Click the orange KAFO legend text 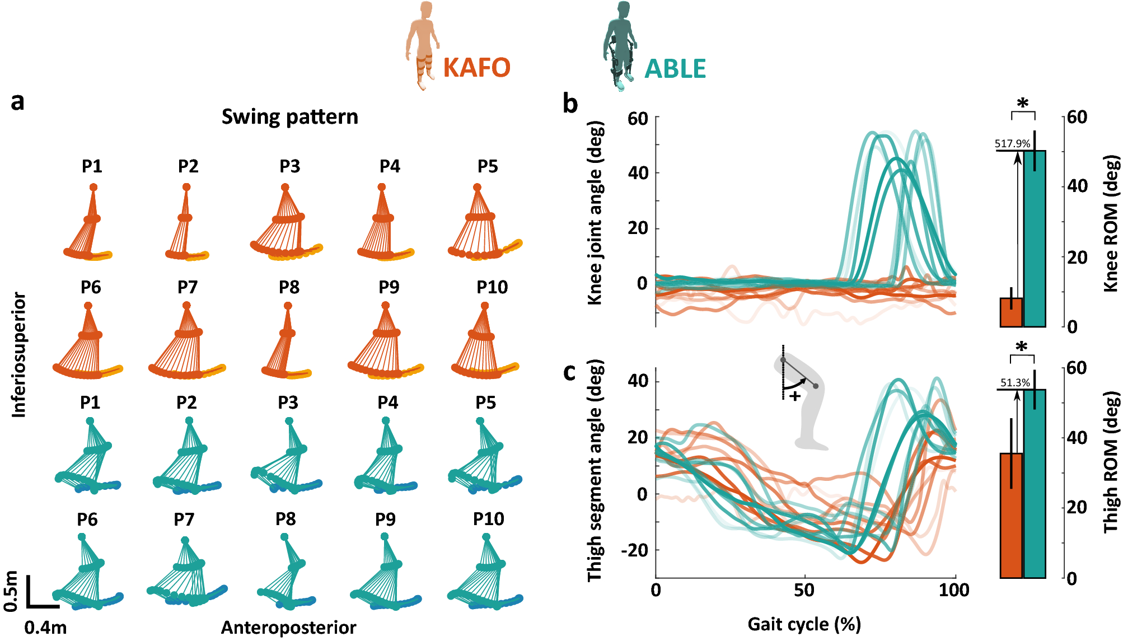pyautogui.click(x=476, y=68)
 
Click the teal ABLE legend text pyautogui.click(x=675, y=69)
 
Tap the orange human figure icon pyautogui.click(x=423, y=45)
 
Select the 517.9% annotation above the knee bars pyautogui.click(x=1012, y=143)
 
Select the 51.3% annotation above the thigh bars pyautogui.click(x=1015, y=383)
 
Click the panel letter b pyautogui.click(x=570, y=104)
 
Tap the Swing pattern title pyautogui.click(x=289, y=117)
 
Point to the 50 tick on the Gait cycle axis pyautogui.click(x=804, y=590)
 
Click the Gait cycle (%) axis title pyautogui.click(x=804, y=624)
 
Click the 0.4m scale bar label pyautogui.click(x=45, y=628)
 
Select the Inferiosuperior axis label pyautogui.click(x=19, y=354)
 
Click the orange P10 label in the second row pyautogui.click(x=492, y=287)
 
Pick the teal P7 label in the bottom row pyautogui.click(x=184, y=520)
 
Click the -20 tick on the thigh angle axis pyautogui.click(x=634, y=550)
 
